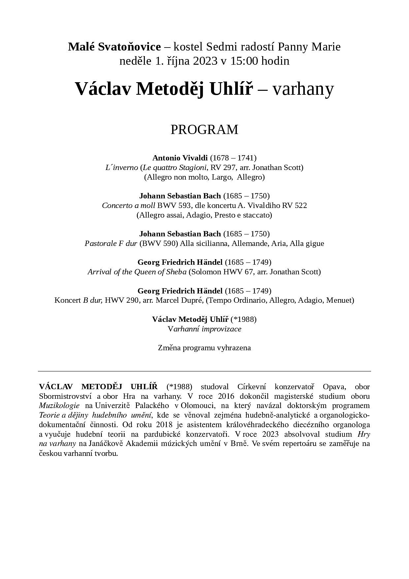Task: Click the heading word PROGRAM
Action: tap(204, 130)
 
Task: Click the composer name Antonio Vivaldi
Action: tap(180, 158)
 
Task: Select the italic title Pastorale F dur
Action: tap(111, 243)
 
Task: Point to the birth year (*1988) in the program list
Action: tap(243, 319)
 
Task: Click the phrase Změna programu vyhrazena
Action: tap(204, 348)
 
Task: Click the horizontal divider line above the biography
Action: tap(204, 371)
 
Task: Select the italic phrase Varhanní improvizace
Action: tap(204, 329)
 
